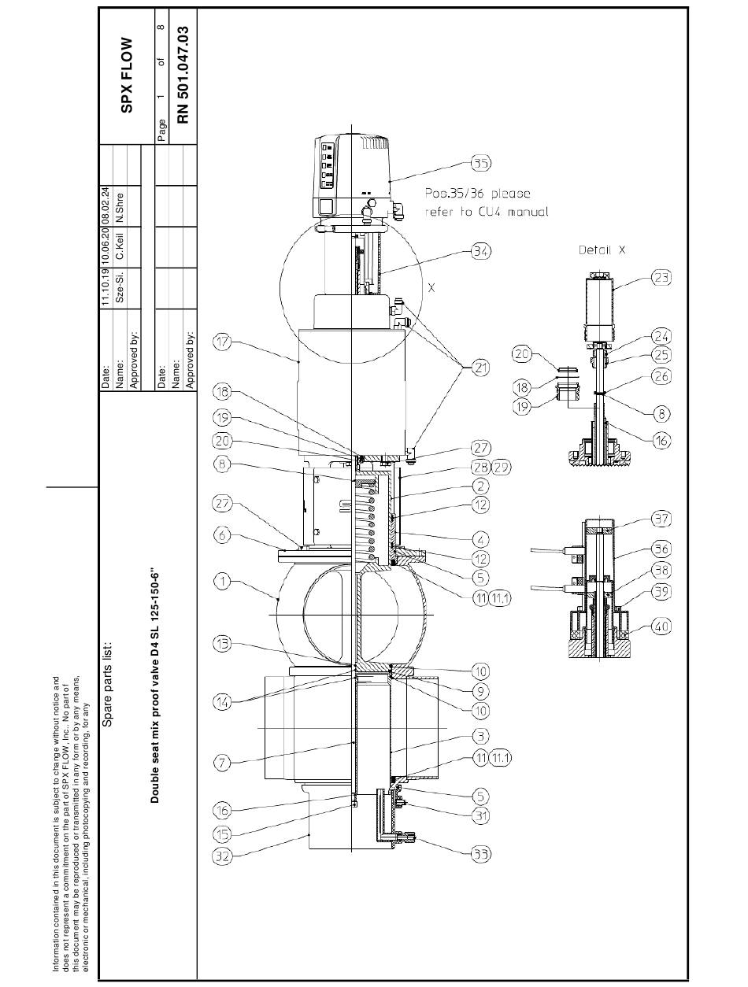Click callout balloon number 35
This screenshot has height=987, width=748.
pyautogui.click(x=480, y=163)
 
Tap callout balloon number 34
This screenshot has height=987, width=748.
pyautogui.click(x=480, y=250)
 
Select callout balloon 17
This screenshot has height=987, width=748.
pyautogui.click(x=222, y=342)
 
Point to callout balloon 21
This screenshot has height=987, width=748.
pyautogui.click(x=480, y=368)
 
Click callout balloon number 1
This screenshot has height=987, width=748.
pyautogui.click(x=222, y=581)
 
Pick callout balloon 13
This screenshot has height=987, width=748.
pyautogui.click(x=222, y=644)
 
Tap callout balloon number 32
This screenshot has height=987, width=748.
pyautogui.click(x=222, y=856)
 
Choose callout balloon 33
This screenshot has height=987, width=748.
pyautogui.click(x=480, y=853)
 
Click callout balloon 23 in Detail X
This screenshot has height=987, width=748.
pyautogui.click(x=661, y=277)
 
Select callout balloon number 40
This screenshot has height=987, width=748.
pyautogui.click(x=661, y=626)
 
